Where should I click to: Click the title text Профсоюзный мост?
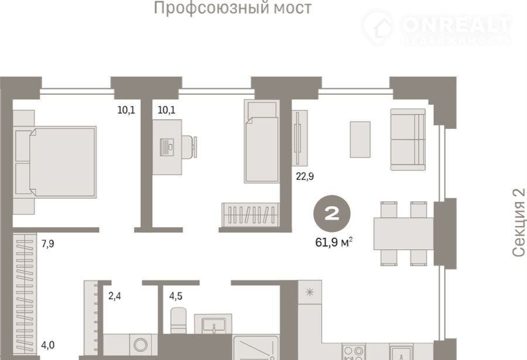click(x=232, y=8)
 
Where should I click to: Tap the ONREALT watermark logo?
click(x=437, y=28)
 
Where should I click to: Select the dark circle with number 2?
click(x=332, y=214)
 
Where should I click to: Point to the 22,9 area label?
click(x=305, y=176)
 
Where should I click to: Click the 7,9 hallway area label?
click(x=48, y=244)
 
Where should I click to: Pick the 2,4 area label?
click(x=114, y=296)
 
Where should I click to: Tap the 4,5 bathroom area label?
click(x=176, y=296)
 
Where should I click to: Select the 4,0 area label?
click(x=48, y=345)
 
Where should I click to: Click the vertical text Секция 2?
click(x=519, y=223)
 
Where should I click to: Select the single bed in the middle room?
click(x=262, y=141)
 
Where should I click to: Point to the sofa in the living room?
click(x=408, y=139)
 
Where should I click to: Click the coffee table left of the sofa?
click(x=360, y=139)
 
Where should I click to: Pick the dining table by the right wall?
click(x=403, y=234)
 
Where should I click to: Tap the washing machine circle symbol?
click(x=141, y=345)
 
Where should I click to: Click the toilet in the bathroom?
click(x=179, y=321)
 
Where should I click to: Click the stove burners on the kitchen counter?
click(x=354, y=352)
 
